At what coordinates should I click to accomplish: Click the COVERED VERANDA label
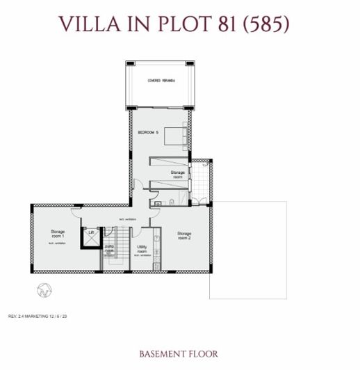[161, 81]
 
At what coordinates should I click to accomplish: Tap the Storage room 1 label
[57, 234]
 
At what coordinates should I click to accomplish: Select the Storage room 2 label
[184, 236]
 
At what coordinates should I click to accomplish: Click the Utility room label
[142, 250]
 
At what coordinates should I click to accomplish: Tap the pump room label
[109, 248]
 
